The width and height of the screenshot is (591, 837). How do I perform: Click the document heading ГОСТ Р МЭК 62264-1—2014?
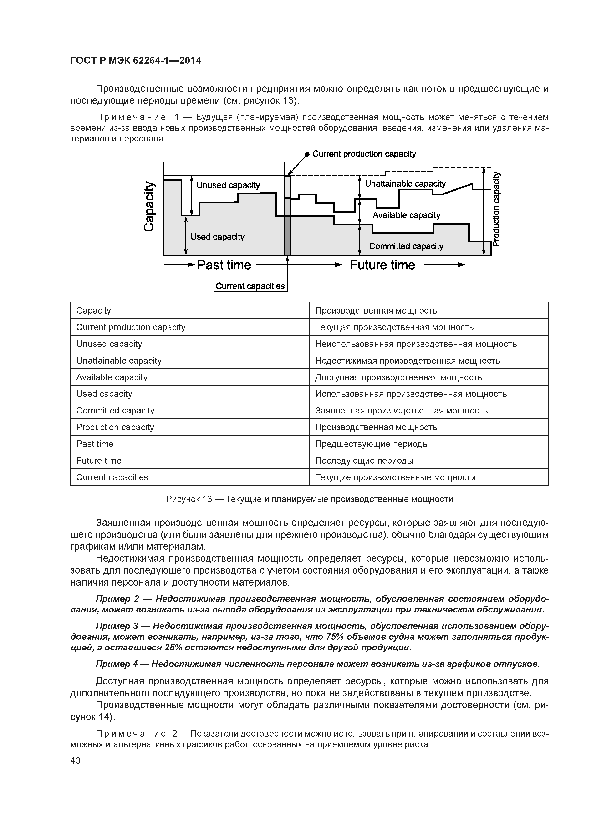(135, 61)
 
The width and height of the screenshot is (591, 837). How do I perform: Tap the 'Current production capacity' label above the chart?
(364, 154)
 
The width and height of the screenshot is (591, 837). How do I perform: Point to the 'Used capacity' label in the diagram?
(217, 237)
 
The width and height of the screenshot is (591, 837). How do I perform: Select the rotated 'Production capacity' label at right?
(496, 209)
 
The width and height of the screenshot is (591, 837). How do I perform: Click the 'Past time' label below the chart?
(224, 265)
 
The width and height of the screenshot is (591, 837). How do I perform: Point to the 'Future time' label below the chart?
(382, 265)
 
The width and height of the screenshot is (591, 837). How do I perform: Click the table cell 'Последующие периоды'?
(364, 460)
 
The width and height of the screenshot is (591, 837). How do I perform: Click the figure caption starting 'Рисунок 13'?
(309, 499)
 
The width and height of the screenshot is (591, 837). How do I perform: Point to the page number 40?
(75, 760)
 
